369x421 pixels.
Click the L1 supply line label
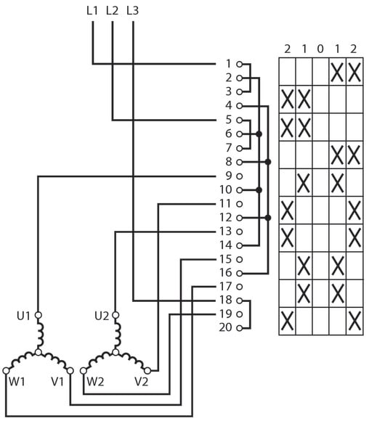click(x=92, y=10)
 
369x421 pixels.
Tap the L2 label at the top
click(x=112, y=10)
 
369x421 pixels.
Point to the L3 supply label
click(x=132, y=10)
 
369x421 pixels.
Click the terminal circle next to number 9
click(x=240, y=176)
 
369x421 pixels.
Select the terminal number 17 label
click(x=225, y=287)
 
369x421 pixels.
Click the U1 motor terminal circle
click(x=38, y=315)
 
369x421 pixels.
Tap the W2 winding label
click(x=95, y=382)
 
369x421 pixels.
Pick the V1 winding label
click(x=57, y=382)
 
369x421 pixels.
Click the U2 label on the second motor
click(x=102, y=316)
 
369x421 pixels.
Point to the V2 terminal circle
click(x=147, y=371)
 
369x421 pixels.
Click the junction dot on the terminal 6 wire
click(x=259, y=134)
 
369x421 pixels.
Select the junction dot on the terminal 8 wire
click(x=268, y=162)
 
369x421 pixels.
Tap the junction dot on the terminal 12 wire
click(x=268, y=218)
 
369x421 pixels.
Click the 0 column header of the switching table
click(x=320, y=49)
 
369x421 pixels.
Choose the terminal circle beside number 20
click(x=240, y=328)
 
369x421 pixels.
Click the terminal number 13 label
click(x=225, y=231)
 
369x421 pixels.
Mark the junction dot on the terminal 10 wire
click(x=259, y=190)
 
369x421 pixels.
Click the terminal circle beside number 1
click(x=240, y=64)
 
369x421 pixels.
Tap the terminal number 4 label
click(x=228, y=105)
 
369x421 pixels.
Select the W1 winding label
click(x=17, y=382)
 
